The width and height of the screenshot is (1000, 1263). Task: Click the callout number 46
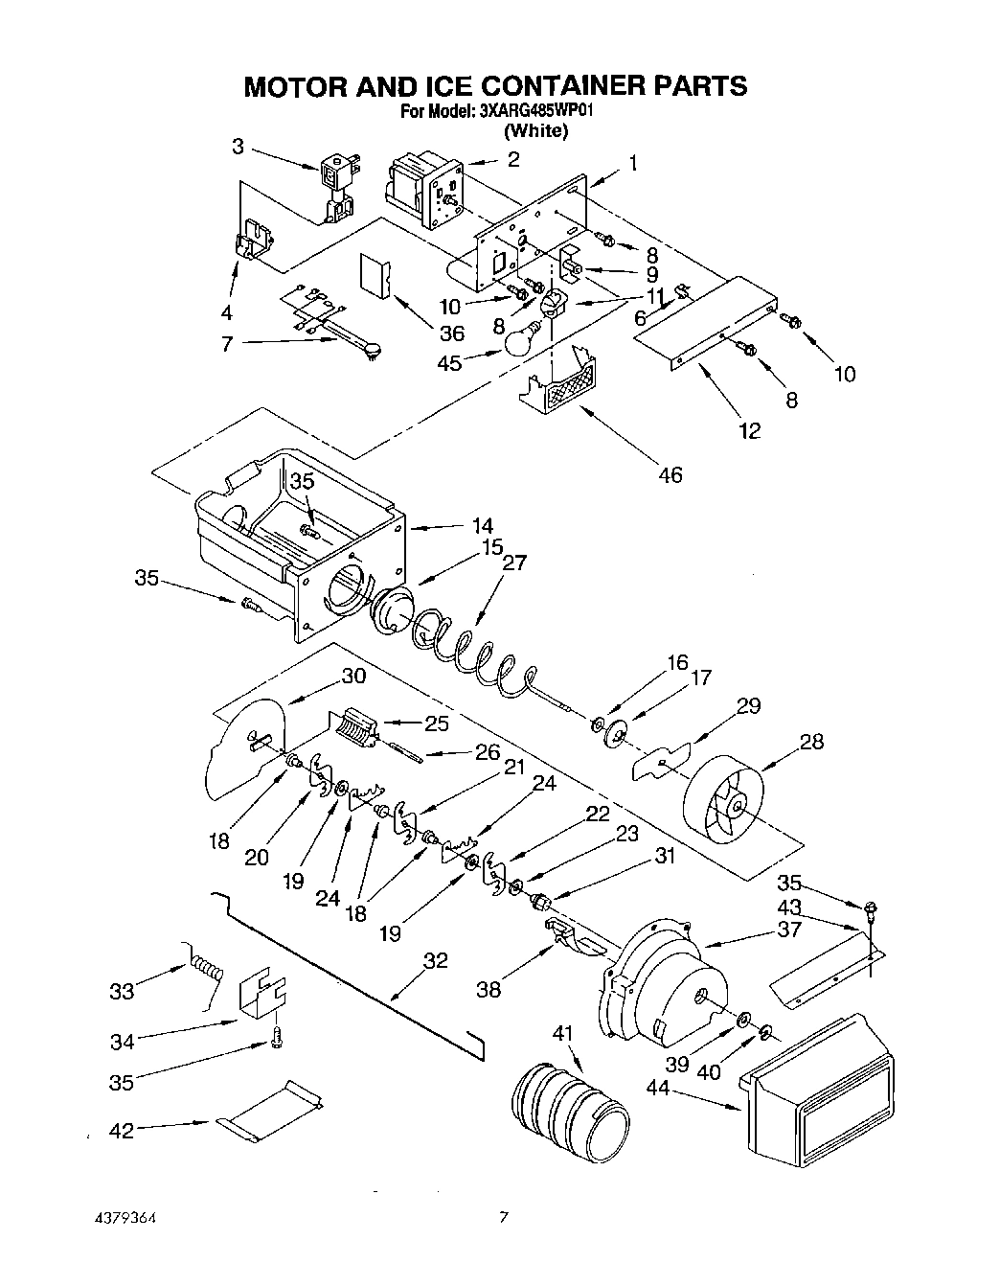pyautogui.click(x=670, y=474)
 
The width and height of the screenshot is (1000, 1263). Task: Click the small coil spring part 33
pyautogui.click(x=207, y=970)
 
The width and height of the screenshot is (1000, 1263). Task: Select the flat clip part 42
pyautogui.click(x=272, y=1114)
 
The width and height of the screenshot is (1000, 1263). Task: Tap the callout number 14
pyautogui.click(x=483, y=525)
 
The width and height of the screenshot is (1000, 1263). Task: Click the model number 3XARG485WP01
pyautogui.click(x=538, y=111)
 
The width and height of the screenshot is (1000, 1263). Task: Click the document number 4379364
pyautogui.click(x=120, y=1220)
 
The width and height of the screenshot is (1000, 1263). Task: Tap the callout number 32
pyautogui.click(x=435, y=960)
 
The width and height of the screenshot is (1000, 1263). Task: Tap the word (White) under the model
pyautogui.click(x=536, y=131)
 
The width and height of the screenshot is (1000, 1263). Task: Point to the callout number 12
pyautogui.click(x=750, y=430)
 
